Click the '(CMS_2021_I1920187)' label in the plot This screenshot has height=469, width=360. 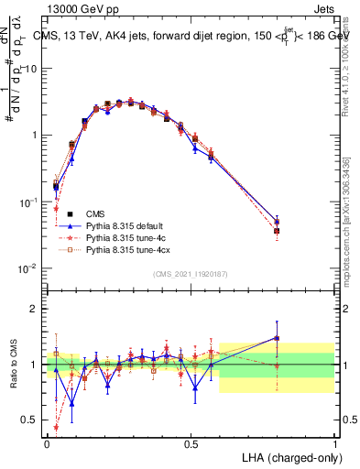[x=190, y=273]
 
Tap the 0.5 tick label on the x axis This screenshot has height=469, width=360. [x=191, y=443]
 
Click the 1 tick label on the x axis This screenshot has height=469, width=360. [x=334, y=443]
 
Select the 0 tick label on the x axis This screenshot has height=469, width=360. [x=47, y=443]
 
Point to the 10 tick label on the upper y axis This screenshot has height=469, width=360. [x=32, y=69]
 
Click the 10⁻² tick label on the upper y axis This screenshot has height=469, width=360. [x=30, y=268]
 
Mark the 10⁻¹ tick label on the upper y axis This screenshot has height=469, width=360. [x=30, y=202]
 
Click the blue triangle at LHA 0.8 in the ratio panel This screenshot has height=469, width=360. [x=277, y=338]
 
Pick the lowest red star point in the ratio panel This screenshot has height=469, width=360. [x=56, y=427]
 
